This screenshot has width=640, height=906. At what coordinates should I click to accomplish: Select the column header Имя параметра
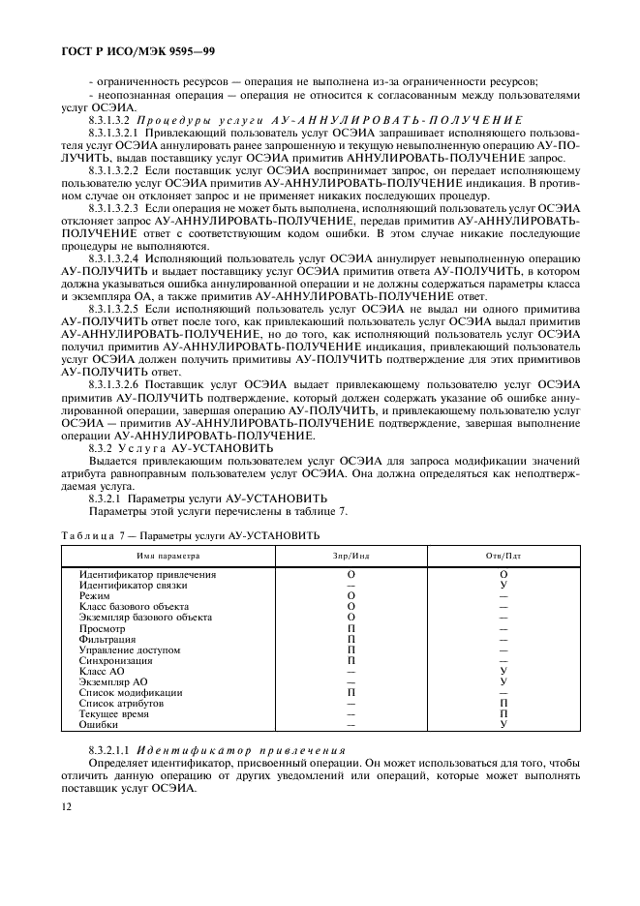168,557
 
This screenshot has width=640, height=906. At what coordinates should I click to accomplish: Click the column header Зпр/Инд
350,557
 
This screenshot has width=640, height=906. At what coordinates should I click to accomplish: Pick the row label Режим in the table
94,595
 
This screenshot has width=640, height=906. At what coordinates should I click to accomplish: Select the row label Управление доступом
129,649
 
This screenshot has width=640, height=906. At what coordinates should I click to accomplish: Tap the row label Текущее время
114,713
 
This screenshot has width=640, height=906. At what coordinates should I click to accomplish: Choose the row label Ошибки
99,724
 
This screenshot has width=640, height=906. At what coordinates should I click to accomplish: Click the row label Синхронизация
115,660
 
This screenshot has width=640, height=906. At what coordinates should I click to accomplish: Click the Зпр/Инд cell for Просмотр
350,627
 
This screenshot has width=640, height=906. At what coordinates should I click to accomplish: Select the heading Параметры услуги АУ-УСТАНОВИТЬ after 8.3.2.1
209,499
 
